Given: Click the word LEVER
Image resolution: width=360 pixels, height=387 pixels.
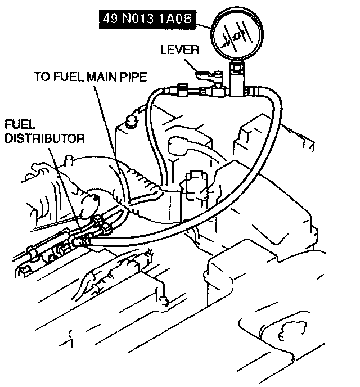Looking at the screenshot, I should click(x=179, y=49).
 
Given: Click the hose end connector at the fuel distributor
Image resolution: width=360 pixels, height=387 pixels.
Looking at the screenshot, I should click(x=83, y=240).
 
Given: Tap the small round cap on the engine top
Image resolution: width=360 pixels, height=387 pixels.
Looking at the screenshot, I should click(x=133, y=119).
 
